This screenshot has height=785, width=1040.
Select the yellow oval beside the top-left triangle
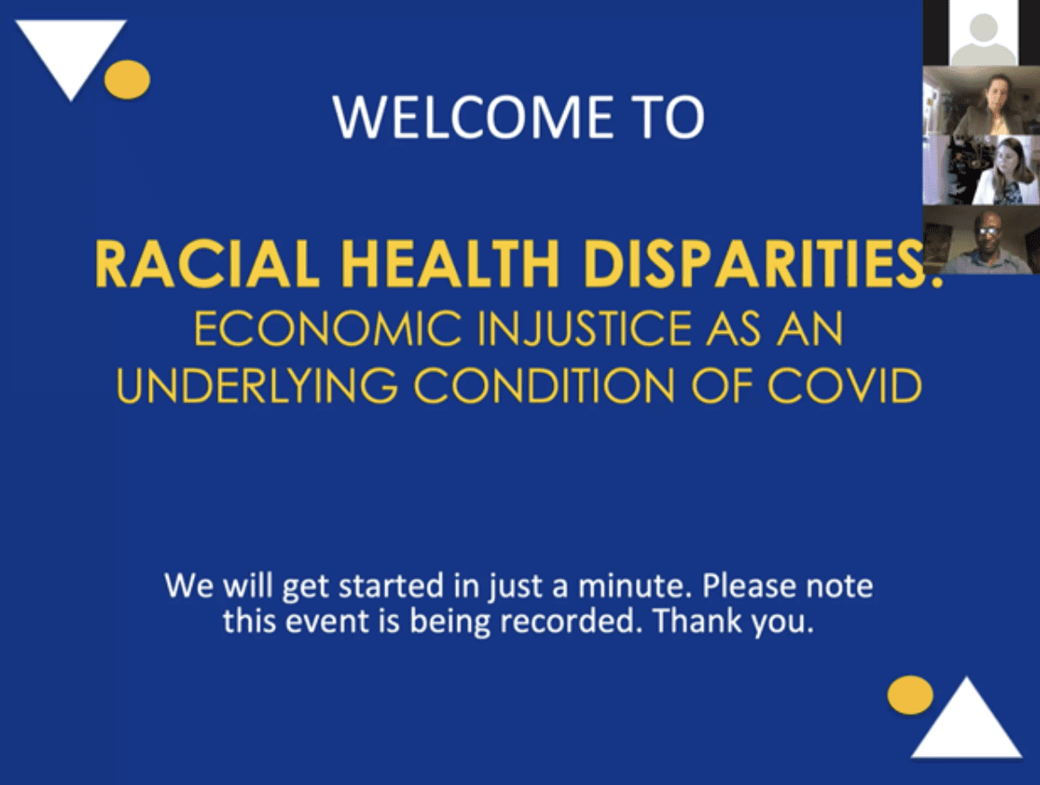(128, 80)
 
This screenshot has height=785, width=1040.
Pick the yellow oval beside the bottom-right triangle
(911, 695)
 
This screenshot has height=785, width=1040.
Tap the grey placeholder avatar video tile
(982, 32)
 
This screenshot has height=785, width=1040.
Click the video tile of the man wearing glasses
(982, 240)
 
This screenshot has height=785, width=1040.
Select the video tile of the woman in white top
(982, 170)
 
